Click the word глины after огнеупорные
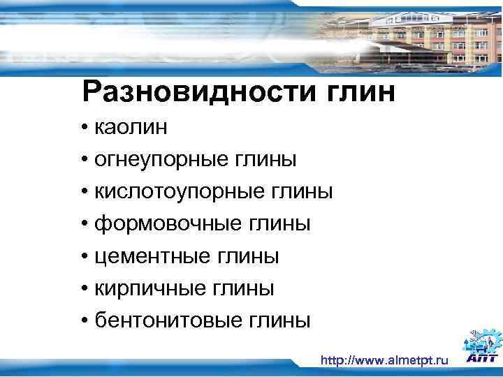(x=265, y=159)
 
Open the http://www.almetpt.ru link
(x=384, y=360)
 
